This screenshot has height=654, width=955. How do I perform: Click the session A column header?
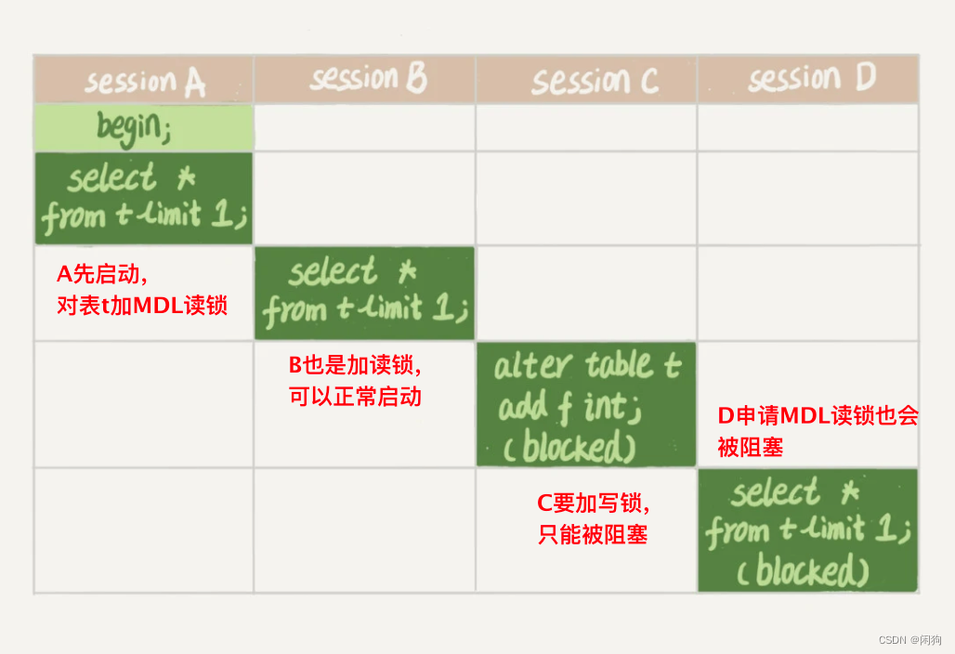144,81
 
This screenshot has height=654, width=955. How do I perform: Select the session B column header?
366,79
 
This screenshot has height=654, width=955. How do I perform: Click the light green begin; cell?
144,128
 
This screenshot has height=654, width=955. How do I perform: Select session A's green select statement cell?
144,198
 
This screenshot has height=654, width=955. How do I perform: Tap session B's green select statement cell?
364,292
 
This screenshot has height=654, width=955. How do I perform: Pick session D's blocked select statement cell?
807,530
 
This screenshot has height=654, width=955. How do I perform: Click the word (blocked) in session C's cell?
569,449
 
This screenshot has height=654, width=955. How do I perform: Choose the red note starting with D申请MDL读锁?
818,430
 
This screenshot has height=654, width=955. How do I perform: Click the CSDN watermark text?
909,640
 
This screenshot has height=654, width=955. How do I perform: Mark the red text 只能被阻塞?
593,534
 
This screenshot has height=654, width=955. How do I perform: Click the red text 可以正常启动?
356,397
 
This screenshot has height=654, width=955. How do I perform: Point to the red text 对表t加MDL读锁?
142,305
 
